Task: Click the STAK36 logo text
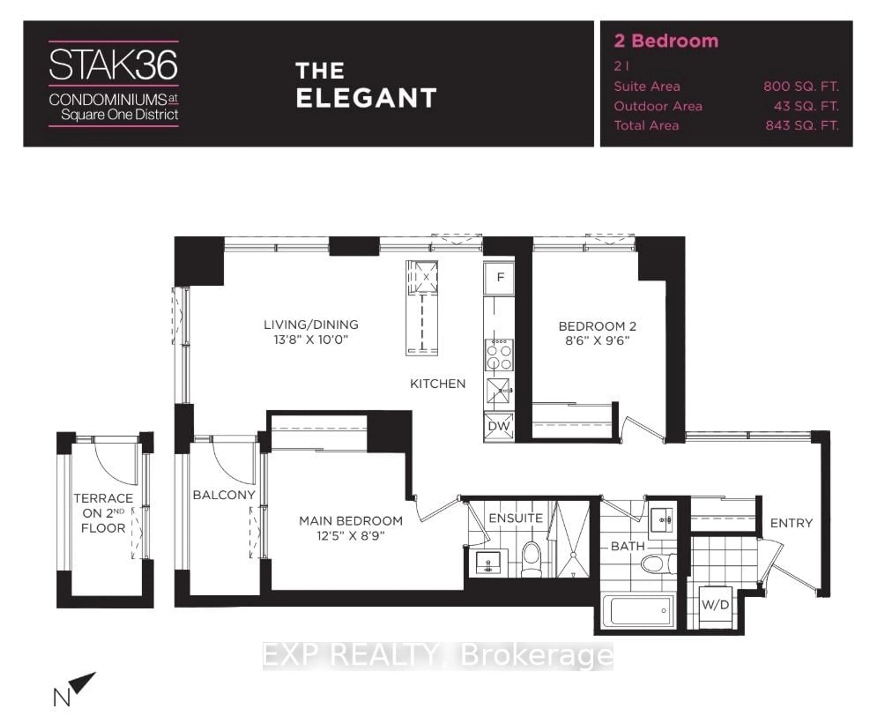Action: pyautogui.click(x=113, y=65)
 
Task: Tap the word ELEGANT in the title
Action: pyautogui.click(x=366, y=98)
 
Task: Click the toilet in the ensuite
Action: pyautogui.click(x=531, y=558)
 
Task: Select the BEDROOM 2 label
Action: pyautogui.click(x=597, y=327)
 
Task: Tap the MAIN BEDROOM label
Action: pyautogui.click(x=351, y=521)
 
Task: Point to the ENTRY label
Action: pyautogui.click(x=791, y=523)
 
